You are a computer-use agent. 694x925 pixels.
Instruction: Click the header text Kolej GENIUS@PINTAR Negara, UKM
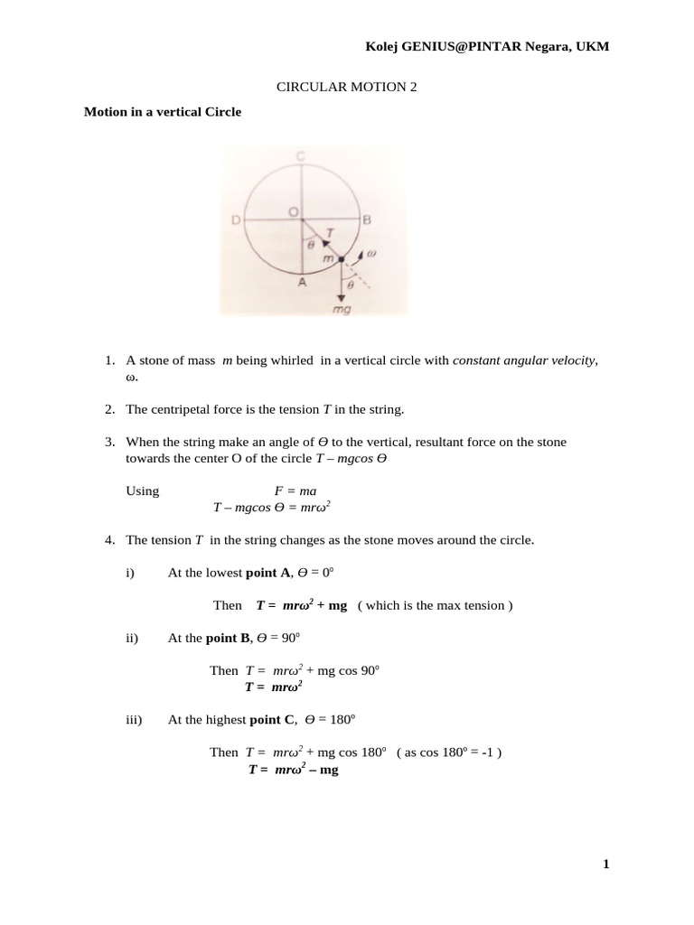pyautogui.click(x=486, y=46)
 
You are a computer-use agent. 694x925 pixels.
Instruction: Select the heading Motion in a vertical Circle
pyautogui.click(x=163, y=113)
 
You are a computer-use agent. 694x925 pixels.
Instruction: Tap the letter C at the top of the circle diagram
pyautogui.click(x=301, y=156)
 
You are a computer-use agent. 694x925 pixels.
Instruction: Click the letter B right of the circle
pyautogui.click(x=367, y=220)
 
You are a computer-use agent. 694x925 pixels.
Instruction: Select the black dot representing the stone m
pyautogui.click(x=342, y=259)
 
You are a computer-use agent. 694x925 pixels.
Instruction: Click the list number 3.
pyautogui.click(x=108, y=442)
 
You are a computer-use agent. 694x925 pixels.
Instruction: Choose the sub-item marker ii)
pyautogui.click(x=133, y=638)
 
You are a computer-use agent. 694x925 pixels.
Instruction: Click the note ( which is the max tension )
pyautogui.click(x=435, y=605)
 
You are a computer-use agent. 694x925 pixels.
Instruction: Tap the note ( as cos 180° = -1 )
pyautogui.click(x=449, y=752)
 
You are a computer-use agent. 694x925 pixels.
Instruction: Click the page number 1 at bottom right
pyautogui.click(x=606, y=864)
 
